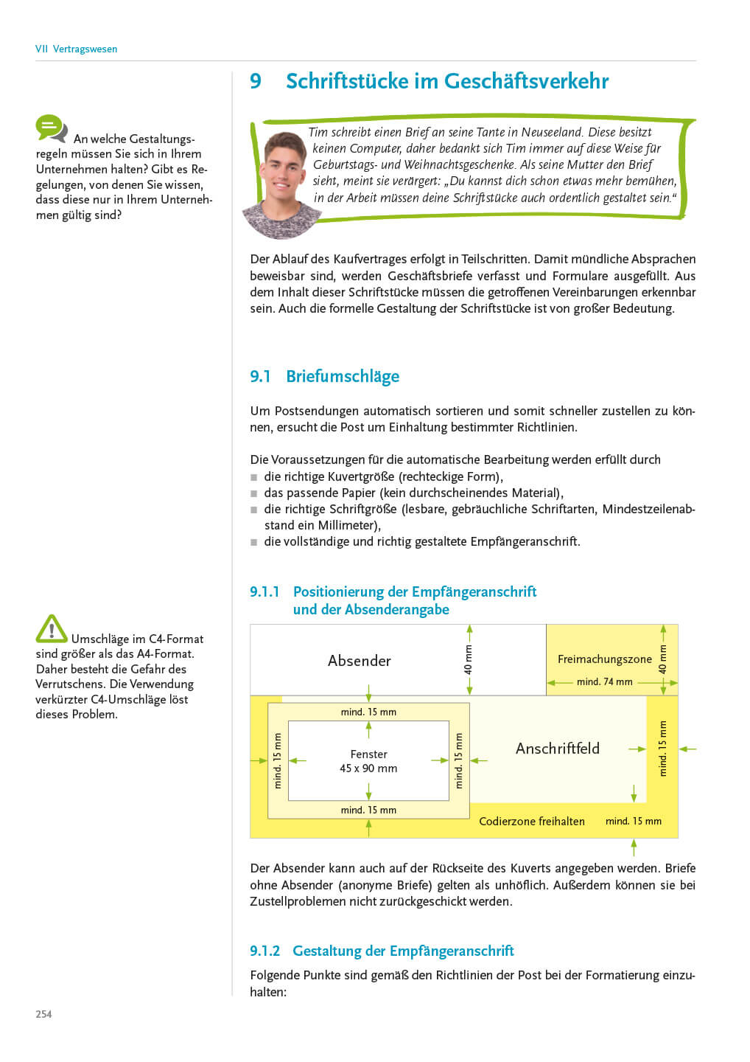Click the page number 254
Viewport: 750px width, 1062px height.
(43, 1014)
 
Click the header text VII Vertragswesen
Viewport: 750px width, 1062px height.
(76, 49)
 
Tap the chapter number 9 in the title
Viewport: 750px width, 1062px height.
(256, 81)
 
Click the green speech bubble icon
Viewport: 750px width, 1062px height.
(51, 128)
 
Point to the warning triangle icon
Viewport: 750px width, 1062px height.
(52, 629)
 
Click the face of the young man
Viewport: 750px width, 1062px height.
(285, 173)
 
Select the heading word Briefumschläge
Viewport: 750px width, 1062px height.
(343, 376)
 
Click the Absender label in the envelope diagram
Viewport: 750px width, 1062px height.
(360, 661)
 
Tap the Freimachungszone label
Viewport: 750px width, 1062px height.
(605, 659)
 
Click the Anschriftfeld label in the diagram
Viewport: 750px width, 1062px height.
(558, 749)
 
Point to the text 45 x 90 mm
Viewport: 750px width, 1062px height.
(368, 768)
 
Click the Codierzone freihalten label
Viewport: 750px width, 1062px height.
(532, 822)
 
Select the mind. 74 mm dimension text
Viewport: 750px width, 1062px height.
(605, 682)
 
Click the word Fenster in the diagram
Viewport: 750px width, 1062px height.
(369, 754)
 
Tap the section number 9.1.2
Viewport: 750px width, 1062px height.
(265, 951)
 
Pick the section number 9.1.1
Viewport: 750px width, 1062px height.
(265, 592)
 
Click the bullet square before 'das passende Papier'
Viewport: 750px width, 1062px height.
(254, 493)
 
